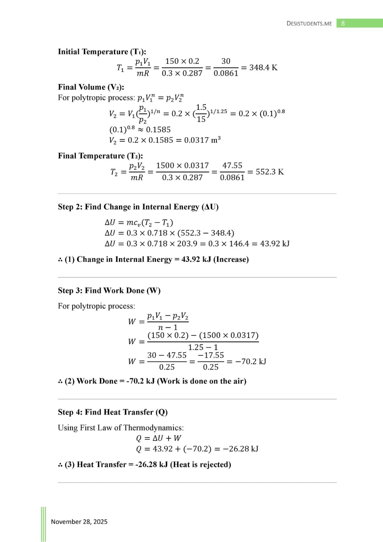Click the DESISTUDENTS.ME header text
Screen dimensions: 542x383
coord(309,24)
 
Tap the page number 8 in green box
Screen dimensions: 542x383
coord(343,23)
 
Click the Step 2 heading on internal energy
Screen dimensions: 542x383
coord(138,207)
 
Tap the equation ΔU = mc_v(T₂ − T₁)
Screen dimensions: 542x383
coord(139,222)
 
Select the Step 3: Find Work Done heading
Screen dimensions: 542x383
coord(109,291)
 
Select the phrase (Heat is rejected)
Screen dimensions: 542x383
coord(200,465)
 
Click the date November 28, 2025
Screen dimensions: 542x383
coord(79,522)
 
